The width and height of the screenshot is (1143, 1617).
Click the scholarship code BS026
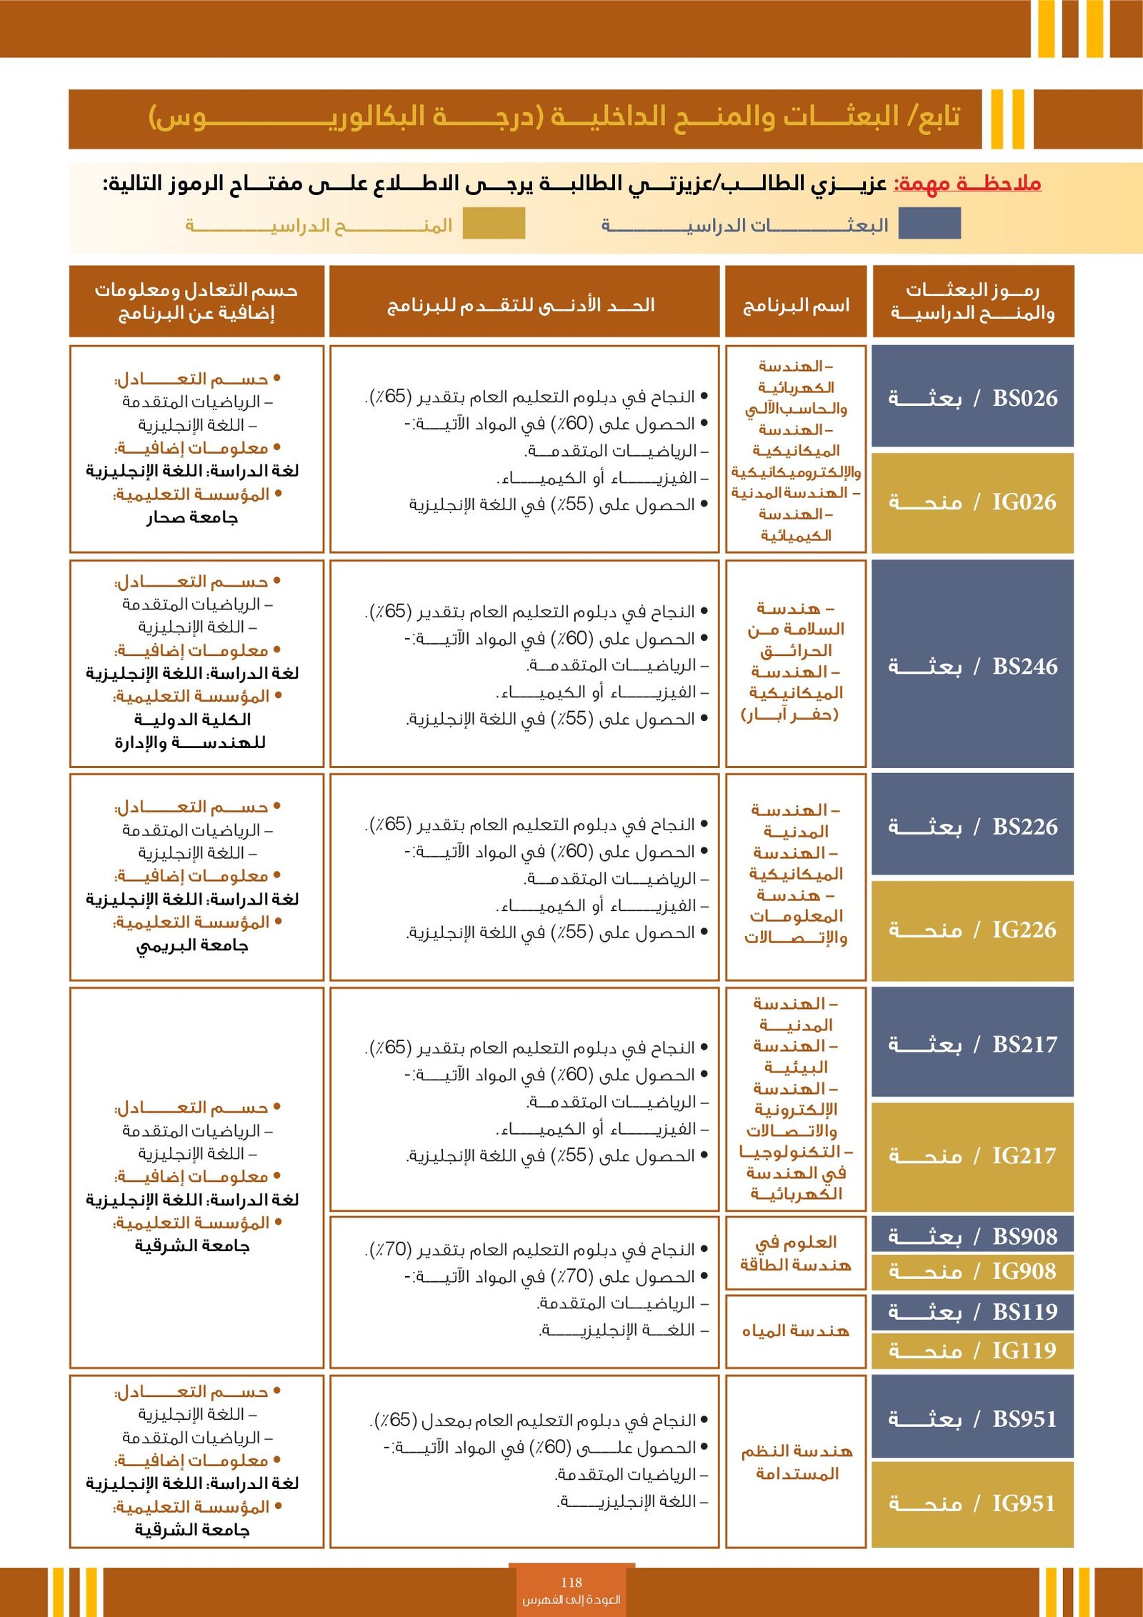(x=1024, y=398)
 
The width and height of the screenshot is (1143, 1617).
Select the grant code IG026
(x=1024, y=502)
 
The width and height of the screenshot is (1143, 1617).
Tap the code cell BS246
(x=1024, y=666)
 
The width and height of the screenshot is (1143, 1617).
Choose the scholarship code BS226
(x=1024, y=827)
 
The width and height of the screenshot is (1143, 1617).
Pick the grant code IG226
(x=1024, y=930)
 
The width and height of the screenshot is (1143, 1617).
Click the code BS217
(x=1024, y=1045)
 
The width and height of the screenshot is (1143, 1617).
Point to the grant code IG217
(x=1024, y=1155)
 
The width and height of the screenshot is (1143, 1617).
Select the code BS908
(x=1024, y=1236)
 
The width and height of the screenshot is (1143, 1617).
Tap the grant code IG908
(x=1024, y=1271)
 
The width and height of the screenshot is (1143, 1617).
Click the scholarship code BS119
(x=1024, y=1312)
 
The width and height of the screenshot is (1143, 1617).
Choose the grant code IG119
(x=1024, y=1350)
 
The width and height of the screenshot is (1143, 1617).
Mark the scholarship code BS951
(x=1024, y=1418)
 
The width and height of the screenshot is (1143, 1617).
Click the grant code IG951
(x=1024, y=1503)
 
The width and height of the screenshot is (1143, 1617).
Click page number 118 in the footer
(x=571, y=1583)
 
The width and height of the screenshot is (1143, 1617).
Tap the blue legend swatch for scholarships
(x=929, y=224)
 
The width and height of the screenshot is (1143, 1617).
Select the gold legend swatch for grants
(x=494, y=224)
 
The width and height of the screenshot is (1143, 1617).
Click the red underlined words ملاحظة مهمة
(x=968, y=184)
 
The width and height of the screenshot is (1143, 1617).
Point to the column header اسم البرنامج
(x=796, y=306)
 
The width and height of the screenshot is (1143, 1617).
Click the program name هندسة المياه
(x=795, y=1331)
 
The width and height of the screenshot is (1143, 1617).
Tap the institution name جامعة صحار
(x=192, y=517)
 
